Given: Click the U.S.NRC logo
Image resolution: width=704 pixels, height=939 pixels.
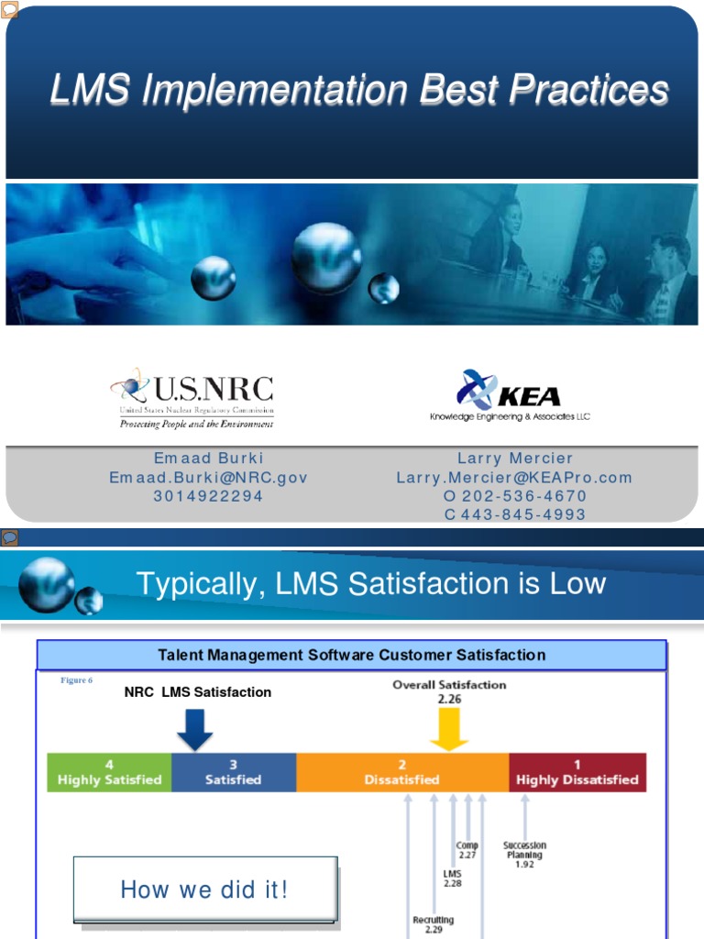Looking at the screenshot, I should (192, 397).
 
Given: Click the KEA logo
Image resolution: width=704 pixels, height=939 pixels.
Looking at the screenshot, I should (510, 395).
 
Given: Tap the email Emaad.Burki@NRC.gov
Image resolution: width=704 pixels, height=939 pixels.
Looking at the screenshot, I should (208, 478).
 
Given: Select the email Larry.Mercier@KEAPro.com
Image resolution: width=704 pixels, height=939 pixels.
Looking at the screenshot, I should (514, 478).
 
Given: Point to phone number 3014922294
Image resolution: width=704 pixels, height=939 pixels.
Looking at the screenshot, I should (208, 496).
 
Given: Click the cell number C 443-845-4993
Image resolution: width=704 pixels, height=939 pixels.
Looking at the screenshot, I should (514, 514).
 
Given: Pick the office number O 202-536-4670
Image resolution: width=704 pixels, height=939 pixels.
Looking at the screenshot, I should (514, 496).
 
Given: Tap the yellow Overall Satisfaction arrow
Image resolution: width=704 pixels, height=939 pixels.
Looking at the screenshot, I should (449, 728).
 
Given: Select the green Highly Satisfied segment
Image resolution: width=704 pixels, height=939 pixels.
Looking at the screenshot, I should (109, 772).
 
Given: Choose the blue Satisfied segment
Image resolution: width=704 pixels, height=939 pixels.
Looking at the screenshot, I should (233, 772).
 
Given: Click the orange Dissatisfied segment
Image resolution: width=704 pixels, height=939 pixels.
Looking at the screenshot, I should (401, 772).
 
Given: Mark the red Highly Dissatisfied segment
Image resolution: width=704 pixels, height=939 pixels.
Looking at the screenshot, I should (577, 772).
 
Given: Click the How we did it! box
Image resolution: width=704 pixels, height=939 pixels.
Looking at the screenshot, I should (204, 889).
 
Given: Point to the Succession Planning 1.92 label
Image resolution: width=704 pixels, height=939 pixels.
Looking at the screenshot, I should (524, 855).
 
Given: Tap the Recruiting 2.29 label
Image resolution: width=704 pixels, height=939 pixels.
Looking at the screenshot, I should (433, 924).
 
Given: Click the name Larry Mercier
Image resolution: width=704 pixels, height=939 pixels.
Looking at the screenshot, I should (514, 458).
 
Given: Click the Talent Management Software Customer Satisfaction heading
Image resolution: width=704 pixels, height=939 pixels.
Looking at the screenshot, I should (351, 655).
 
